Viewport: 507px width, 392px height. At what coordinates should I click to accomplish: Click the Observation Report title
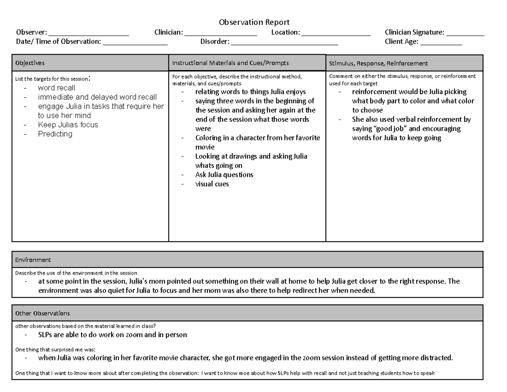pyautogui.click(x=253, y=23)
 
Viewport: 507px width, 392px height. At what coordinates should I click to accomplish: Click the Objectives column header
pyautogui.click(x=30, y=63)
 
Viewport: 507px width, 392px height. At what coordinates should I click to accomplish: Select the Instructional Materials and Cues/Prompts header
pyautogui.click(x=230, y=63)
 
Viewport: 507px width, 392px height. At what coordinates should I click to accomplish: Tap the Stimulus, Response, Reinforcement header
pyautogui.click(x=379, y=63)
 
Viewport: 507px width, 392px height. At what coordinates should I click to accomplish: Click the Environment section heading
pyautogui.click(x=33, y=260)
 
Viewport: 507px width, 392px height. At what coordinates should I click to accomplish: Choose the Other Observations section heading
pyautogui.click(x=42, y=313)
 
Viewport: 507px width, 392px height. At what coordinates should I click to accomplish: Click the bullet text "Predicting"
pyautogui.click(x=55, y=134)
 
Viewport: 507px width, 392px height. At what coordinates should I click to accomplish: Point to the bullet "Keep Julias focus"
pyautogui.click(x=68, y=125)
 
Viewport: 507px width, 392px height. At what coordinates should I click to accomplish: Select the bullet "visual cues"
pyautogui.click(x=212, y=184)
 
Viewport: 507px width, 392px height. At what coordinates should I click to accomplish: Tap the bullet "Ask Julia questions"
pyautogui.click(x=224, y=175)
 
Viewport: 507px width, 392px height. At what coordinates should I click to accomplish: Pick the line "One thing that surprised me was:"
pyautogui.click(x=55, y=350)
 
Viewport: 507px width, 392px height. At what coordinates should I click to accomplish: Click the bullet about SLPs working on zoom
pyautogui.click(x=112, y=335)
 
